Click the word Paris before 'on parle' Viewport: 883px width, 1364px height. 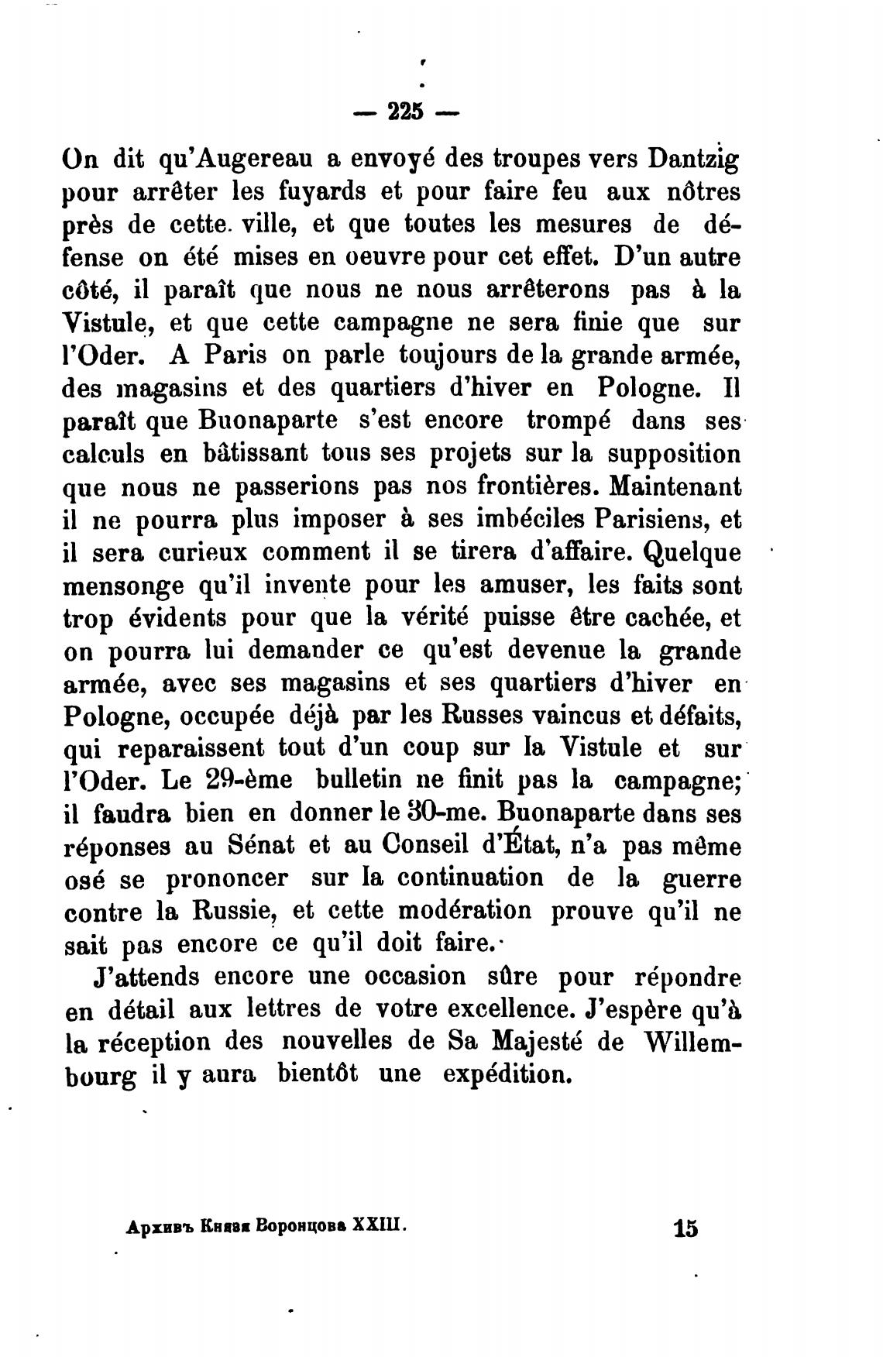pyautogui.click(x=235, y=355)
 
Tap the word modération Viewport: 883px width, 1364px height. pyautogui.click(x=464, y=911)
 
